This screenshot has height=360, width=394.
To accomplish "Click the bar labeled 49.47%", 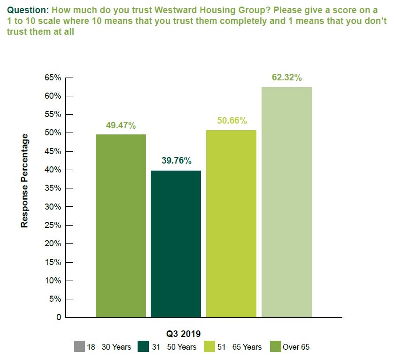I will coord(121,226).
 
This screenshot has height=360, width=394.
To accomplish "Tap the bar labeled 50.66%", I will coord(231,223).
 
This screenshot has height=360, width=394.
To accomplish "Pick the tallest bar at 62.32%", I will coord(286,202).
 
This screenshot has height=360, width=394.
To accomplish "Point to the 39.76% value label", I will coord(176,161).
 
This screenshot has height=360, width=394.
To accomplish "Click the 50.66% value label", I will coord(232,121).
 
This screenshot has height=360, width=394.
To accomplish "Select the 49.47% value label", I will coord(121,125).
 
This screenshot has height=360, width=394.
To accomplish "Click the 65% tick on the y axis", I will coord(53,78).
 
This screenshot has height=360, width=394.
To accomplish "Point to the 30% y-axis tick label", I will coord(53,207).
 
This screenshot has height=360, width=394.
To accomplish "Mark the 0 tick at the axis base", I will coord(59,317).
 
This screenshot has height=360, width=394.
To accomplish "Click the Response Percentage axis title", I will coord(25,181).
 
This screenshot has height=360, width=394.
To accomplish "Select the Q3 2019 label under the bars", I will coord(184,334).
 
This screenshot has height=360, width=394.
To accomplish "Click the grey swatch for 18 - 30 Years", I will coord(79,347).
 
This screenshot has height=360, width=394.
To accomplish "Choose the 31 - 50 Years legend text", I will coord(174,347).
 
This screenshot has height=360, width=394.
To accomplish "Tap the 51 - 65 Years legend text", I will coord(239,347).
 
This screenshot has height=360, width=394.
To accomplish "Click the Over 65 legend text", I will coord(296,347).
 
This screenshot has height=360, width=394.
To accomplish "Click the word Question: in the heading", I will coord(27,9).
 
